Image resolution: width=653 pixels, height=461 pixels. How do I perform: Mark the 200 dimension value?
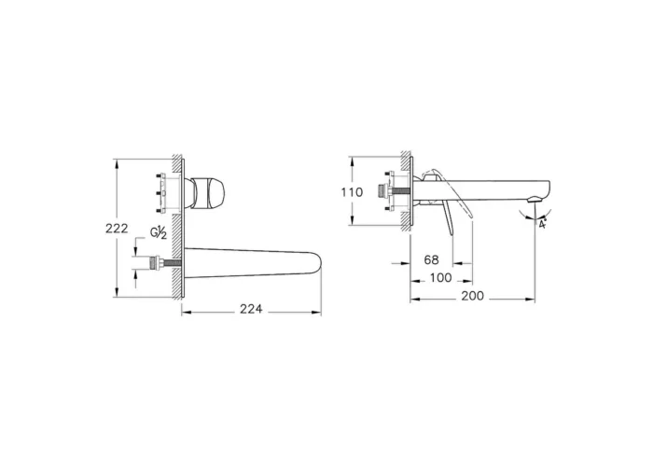pos(474,298)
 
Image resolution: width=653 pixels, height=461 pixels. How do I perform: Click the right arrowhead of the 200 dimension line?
pos(535,299)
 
